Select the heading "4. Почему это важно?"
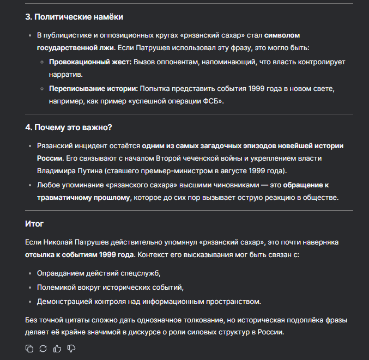tap(69, 127)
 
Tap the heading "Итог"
tap(34, 223)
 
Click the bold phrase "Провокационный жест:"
tap(90, 63)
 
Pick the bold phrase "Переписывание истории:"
tap(93, 89)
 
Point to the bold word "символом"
tap(282, 35)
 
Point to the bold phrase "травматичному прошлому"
tap(83, 198)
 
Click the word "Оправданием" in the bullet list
tap(62, 273)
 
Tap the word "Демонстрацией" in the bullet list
tap(64, 301)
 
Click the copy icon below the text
tap(29, 349)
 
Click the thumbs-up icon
tap(57, 349)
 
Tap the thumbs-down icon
tap(71, 349)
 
